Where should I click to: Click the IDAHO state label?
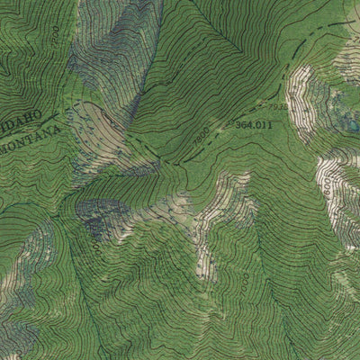point(25,120)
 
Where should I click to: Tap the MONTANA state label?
point(34,136)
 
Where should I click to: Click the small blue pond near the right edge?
point(354,127)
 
